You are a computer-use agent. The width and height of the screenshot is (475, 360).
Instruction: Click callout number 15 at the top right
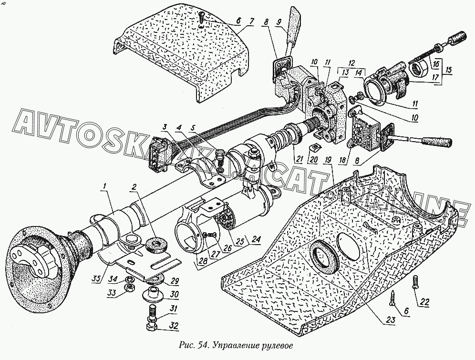pos(449,70)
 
